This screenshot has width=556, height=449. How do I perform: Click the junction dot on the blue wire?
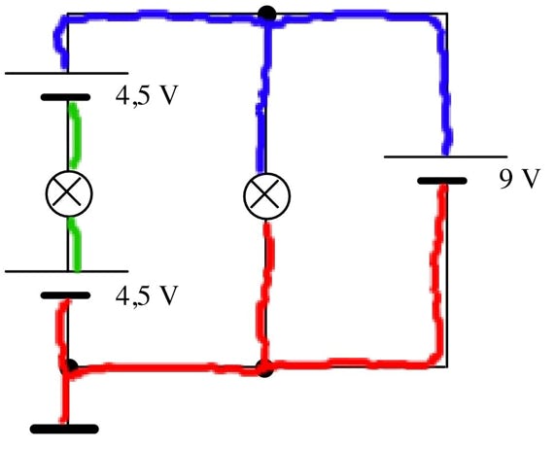coord(266,15)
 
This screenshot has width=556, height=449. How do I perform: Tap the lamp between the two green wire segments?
coord(69,193)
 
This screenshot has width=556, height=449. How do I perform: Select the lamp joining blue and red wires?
coord(266,195)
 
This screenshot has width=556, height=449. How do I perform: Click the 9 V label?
coord(519,179)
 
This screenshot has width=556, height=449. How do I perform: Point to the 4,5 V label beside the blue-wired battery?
coord(146,95)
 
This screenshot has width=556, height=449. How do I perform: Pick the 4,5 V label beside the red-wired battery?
coord(146,295)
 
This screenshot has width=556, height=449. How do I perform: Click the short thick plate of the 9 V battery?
coord(442,181)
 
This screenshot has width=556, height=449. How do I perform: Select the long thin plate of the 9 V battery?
coord(445,156)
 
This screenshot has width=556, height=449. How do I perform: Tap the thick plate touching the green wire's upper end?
coord(65,97)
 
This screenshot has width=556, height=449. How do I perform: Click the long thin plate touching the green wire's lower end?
coord(67,271)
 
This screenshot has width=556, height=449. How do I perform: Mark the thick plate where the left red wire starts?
coord(65,295)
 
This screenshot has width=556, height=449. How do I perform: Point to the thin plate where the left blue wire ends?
coord(67,73)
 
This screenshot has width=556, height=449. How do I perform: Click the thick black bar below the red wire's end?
coord(64,429)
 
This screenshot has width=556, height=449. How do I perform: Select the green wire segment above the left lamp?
coord(76,135)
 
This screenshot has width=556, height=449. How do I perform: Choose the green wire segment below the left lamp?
coord(76,244)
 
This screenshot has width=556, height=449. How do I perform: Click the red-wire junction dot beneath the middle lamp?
coord(265,368)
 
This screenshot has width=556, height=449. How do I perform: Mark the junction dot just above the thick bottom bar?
coord(70,366)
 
